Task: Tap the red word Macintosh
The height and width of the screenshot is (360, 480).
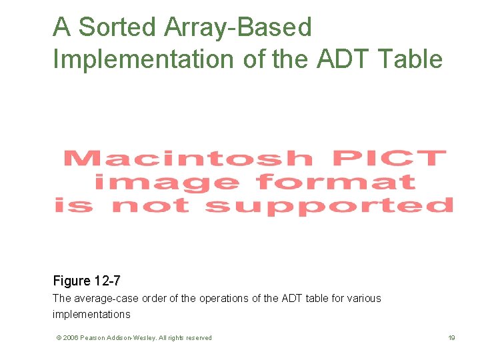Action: [x=187, y=159]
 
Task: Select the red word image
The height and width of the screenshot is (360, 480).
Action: [x=167, y=182]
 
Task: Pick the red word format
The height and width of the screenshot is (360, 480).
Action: [x=335, y=181]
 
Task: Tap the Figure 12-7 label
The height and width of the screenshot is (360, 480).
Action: [x=87, y=281]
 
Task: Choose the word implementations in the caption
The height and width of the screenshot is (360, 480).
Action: [x=91, y=314]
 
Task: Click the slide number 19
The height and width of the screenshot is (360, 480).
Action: [x=451, y=338]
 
